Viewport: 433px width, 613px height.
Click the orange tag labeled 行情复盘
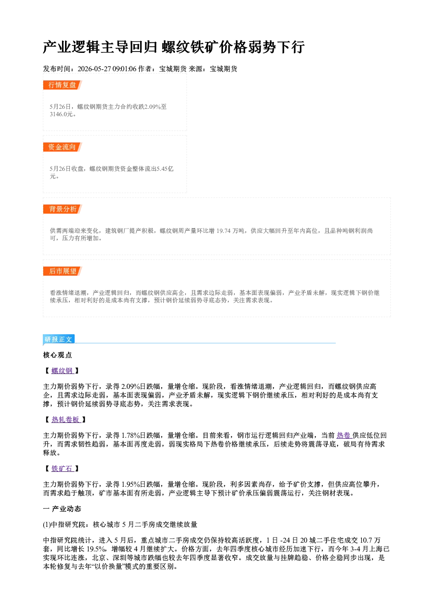pos(62,85)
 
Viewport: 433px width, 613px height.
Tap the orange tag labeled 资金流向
pos(62,147)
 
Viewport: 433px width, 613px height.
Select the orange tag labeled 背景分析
pos(62,209)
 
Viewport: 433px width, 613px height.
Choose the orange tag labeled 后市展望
pos(62,271)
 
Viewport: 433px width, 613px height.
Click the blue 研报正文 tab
pos(58,339)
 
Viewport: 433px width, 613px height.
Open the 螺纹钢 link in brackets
pos(62,371)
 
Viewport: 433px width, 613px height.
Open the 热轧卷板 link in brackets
pos(65,419)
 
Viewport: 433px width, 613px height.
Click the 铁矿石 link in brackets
pos(62,468)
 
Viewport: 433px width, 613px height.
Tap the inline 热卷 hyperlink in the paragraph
pos(344,436)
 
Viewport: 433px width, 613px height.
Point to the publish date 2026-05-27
pos(94,69)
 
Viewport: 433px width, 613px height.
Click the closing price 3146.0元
pos(62,114)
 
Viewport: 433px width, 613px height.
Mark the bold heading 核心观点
pos(57,355)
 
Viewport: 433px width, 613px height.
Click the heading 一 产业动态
pos(62,509)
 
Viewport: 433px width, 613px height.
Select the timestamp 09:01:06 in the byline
pos(124,69)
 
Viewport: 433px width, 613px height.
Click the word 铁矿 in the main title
pos(204,47)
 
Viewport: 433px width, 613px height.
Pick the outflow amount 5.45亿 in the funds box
pos(164,169)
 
